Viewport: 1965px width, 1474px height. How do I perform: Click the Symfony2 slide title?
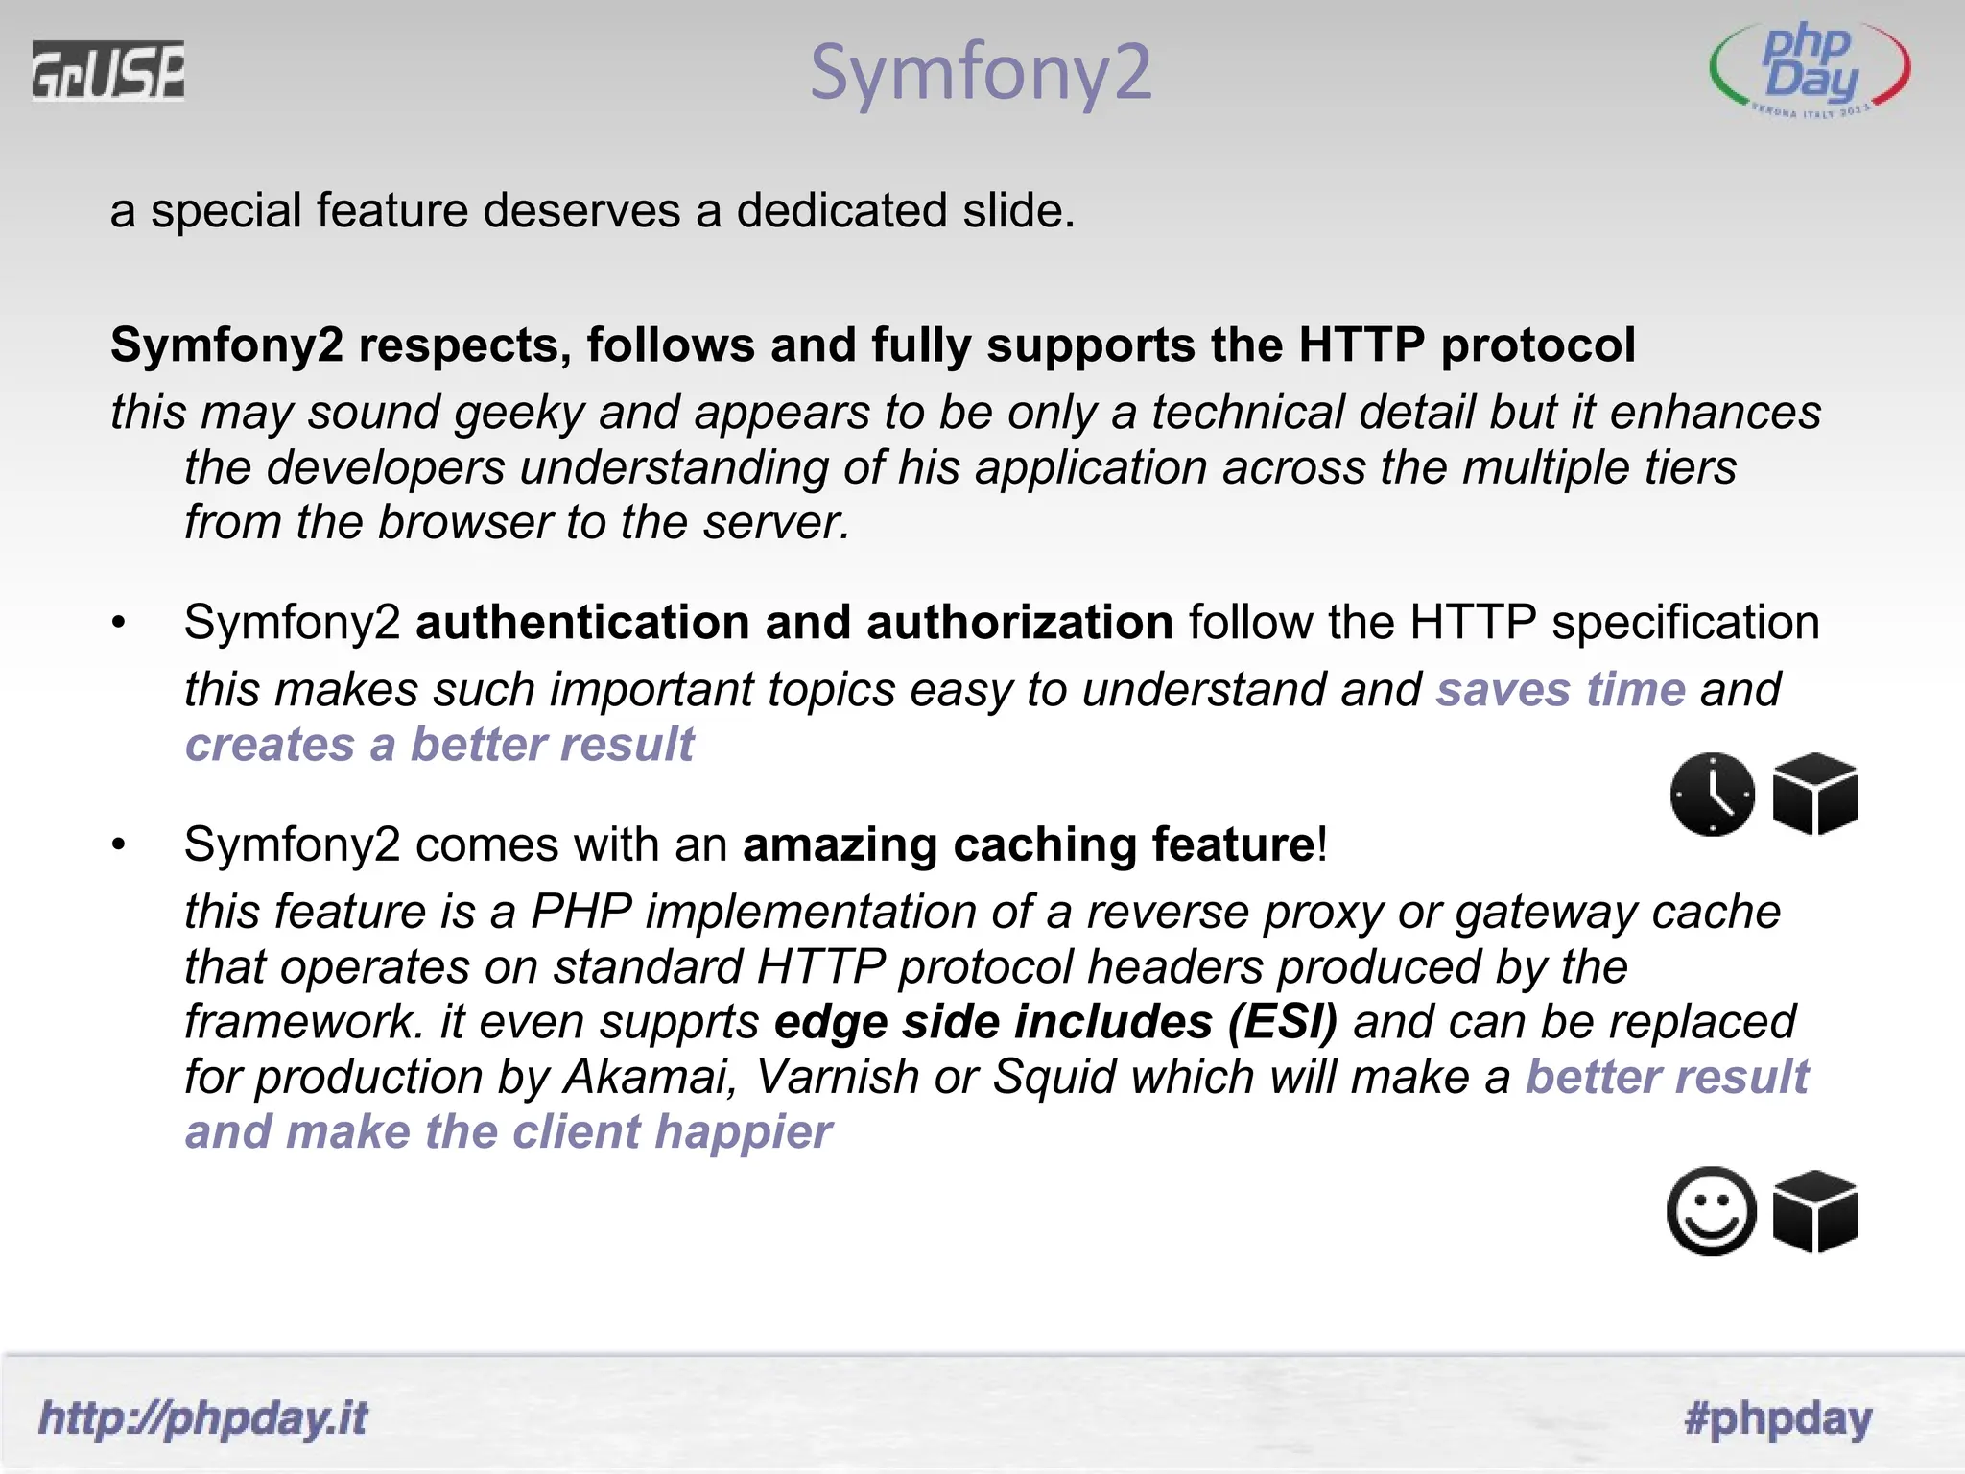980,72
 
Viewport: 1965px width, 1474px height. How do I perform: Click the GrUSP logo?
108,70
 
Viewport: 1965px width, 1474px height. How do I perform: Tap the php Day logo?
1810,72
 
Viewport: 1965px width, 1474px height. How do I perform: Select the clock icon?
1713,795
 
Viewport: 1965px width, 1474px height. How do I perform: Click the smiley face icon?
1713,1211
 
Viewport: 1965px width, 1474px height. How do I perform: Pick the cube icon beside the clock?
1815,795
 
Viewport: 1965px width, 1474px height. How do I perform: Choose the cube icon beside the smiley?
1815,1211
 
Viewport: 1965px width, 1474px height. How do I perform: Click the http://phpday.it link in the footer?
202,1417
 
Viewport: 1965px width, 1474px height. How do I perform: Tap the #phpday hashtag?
1778,1417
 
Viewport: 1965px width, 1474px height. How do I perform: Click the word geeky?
519,414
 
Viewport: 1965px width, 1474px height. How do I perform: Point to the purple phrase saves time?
1560,689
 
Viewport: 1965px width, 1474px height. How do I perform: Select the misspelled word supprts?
679,1022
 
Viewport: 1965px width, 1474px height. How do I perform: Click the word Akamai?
649,1077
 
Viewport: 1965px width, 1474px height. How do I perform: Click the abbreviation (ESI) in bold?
1282,1022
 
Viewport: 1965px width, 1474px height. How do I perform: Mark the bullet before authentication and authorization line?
118,623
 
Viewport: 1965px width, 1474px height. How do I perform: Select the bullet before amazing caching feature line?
118,844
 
